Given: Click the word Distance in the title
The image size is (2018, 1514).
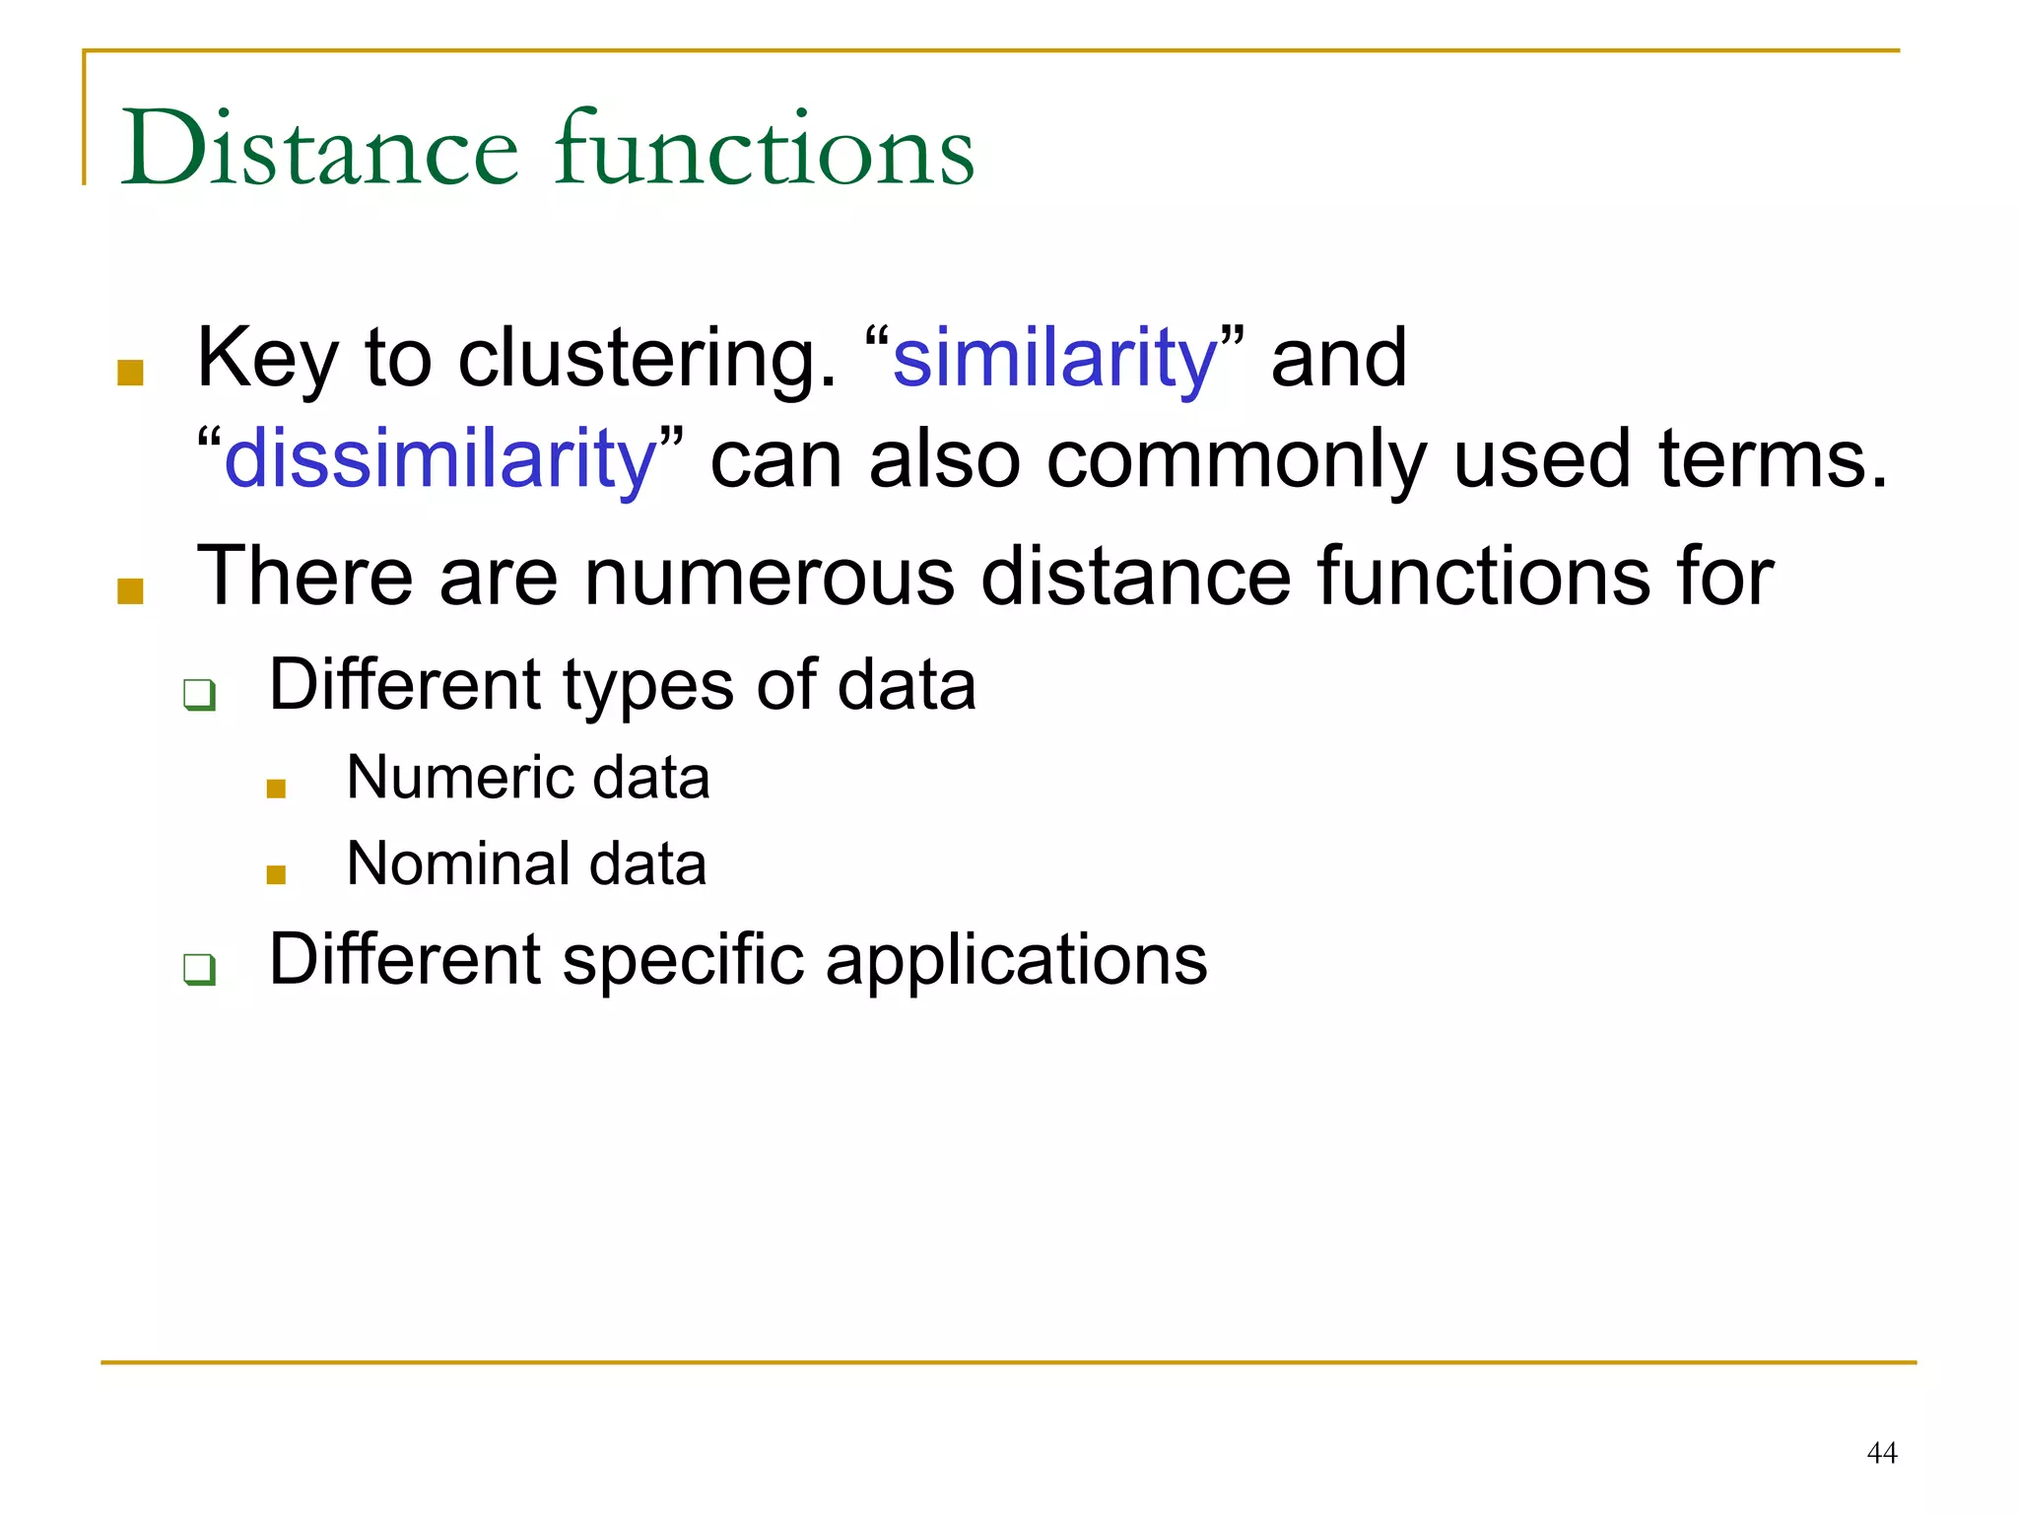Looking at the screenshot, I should click(x=319, y=150).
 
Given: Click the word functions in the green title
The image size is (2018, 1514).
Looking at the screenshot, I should click(x=765, y=150).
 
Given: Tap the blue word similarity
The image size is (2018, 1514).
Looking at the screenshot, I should click(x=1054, y=359).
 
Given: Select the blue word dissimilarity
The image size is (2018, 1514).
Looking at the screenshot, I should click(x=440, y=459).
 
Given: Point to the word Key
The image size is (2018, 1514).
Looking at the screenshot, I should click(x=267, y=359).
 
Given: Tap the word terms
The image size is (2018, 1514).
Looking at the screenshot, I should click(x=1773, y=459).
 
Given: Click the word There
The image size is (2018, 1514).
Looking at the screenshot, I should click(x=304, y=576).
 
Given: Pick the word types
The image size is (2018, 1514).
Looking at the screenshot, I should click(x=647, y=686).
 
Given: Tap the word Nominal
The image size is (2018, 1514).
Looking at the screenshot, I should click(x=458, y=864).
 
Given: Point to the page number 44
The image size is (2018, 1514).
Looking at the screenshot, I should click(x=1881, y=1453).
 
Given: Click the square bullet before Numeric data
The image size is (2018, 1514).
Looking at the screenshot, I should click(x=276, y=788).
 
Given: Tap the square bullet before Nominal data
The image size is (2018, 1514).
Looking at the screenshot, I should click(x=276, y=874).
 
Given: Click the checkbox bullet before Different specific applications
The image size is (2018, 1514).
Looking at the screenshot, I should click(x=199, y=969).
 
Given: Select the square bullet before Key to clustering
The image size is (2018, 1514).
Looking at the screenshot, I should click(x=131, y=373).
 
